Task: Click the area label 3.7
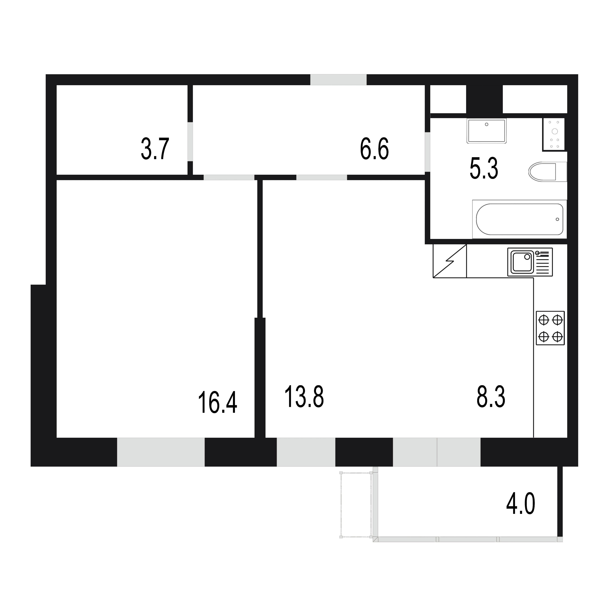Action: tap(155, 149)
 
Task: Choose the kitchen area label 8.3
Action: tap(491, 397)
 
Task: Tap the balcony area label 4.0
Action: tap(521, 512)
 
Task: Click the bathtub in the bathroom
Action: tap(519, 219)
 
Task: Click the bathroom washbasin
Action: tap(487, 131)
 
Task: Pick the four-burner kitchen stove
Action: tap(550, 328)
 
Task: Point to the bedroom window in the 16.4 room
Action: tap(161, 452)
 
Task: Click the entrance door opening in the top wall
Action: tap(338, 80)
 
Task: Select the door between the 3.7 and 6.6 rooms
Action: tap(190, 141)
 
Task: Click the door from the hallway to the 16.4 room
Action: tap(229, 177)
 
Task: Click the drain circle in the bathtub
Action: tap(557, 219)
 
